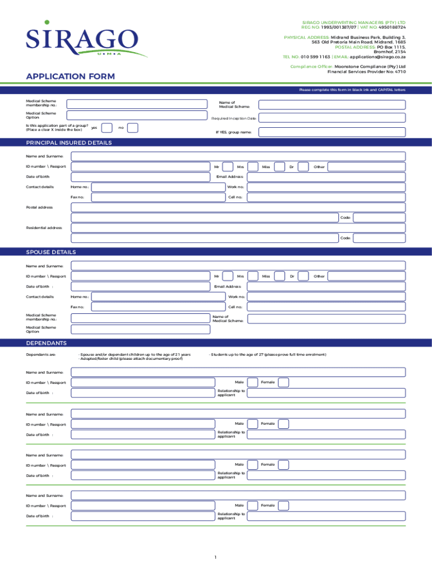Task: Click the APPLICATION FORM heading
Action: [x=70, y=76]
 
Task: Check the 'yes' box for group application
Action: [x=107, y=128]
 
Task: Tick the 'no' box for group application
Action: [x=133, y=128]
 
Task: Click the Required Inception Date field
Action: [x=332, y=118]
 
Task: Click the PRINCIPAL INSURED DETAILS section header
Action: [x=69, y=143]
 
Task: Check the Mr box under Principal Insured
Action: [x=228, y=166]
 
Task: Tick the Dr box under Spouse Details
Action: [x=303, y=276]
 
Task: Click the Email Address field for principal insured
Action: [x=326, y=177]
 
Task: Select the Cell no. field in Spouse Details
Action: [x=326, y=307]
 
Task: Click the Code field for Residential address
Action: [x=379, y=238]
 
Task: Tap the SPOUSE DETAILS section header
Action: [x=51, y=252]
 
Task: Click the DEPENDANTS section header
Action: [x=47, y=343]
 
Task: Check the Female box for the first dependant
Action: [x=284, y=382]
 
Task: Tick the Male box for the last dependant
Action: [x=252, y=506]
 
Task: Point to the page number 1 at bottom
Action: [x=215, y=557]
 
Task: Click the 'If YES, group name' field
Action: [x=332, y=132]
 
